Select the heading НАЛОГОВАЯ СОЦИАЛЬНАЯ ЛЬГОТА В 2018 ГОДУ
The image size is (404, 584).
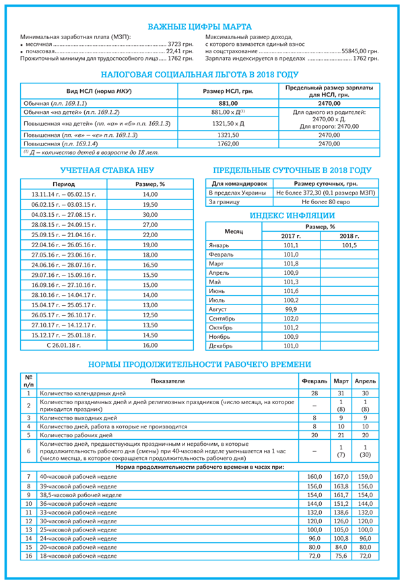199,75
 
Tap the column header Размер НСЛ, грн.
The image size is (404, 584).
228,91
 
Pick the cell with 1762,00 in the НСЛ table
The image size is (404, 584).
228,143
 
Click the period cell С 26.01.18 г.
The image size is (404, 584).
64,345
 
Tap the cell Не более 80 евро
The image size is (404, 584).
327,201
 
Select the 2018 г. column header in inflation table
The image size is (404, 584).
349,236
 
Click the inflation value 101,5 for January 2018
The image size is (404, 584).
349,246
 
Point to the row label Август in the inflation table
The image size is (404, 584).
219,309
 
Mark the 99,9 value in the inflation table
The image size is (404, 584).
291,309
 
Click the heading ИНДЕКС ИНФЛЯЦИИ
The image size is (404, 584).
292,216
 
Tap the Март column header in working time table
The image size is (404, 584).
341,381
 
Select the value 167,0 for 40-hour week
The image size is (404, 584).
341,476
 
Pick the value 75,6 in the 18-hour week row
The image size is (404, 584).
341,556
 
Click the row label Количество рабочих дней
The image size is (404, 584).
74,435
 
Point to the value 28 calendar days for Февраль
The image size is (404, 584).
314,393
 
